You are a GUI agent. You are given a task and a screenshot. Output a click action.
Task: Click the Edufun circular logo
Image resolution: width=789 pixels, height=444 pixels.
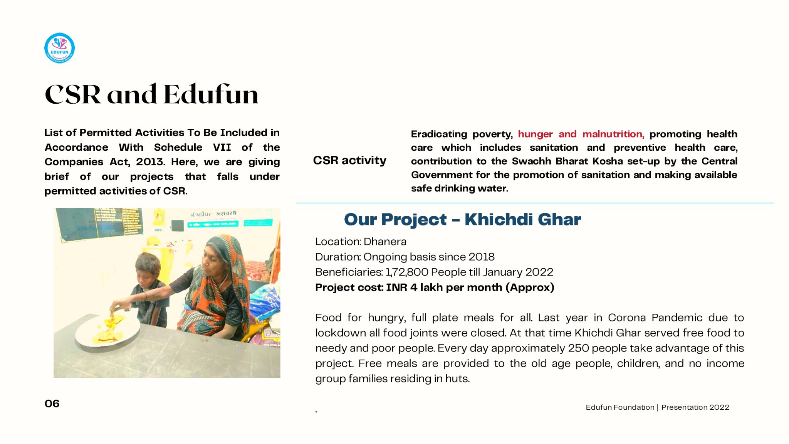tap(59, 48)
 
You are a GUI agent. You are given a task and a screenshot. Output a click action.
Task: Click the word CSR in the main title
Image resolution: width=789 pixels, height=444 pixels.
tap(73, 94)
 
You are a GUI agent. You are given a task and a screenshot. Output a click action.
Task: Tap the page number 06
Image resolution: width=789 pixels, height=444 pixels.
tap(52, 404)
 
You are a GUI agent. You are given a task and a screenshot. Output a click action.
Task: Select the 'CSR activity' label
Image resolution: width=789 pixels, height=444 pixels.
tap(349, 160)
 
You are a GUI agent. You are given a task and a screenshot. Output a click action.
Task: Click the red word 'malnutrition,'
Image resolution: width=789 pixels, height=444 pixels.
tap(613, 134)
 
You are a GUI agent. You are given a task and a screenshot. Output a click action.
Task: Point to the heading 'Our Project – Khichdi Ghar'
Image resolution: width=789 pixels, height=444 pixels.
tap(462, 219)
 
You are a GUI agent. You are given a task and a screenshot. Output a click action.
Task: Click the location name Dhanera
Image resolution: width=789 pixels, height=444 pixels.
tap(385, 242)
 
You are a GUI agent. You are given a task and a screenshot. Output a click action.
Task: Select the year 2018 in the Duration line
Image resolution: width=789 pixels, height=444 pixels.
tap(482, 257)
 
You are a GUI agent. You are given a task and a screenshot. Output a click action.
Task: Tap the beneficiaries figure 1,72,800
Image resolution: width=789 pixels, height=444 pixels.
tap(407, 272)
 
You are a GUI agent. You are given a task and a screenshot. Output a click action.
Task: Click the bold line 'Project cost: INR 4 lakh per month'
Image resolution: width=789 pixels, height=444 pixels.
tap(434, 288)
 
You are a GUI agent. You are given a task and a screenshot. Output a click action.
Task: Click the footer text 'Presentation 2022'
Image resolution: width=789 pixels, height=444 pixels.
tap(695, 407)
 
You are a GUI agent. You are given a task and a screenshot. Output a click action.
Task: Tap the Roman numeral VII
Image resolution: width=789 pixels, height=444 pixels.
tap(222, 147)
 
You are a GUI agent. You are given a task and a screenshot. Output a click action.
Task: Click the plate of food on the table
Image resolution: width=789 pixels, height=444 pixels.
tap(107, 330)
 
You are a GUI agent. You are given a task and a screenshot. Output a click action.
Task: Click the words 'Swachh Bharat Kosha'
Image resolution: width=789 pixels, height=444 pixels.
tap(567, 161)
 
